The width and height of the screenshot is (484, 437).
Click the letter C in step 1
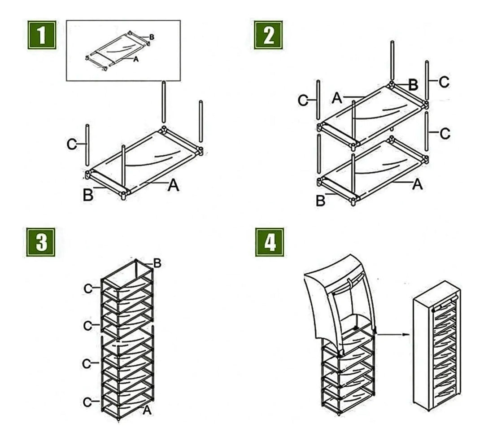click(x=71, y=144)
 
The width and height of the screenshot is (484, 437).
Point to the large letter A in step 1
click(x=173, y=185)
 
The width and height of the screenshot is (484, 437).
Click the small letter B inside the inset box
click(x=152, y=37)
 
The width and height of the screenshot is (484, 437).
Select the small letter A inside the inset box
click(x=136, y=59)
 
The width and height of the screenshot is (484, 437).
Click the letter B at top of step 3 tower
click(x=157, y=263)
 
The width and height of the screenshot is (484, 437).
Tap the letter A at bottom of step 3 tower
click(x=147, y=410)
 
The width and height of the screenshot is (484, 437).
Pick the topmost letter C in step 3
click(x=88, y=289)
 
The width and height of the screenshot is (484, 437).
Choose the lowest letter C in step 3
click(x=88, y=402)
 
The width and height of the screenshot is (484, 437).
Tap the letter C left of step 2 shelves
click(x=303, y=101)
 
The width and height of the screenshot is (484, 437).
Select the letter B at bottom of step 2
click(x=320, y=201)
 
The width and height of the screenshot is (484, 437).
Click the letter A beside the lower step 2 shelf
click(x=417, y=184)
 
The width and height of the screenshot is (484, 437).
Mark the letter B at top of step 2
click(x=413, y=84)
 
